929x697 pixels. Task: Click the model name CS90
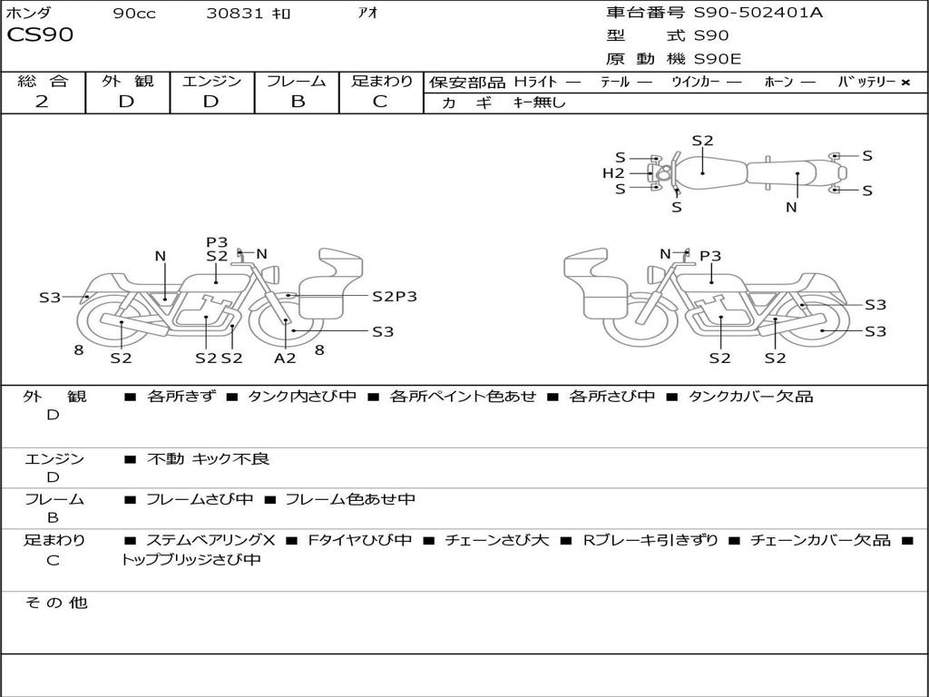[40, 34]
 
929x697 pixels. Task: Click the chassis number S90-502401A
[758, 13]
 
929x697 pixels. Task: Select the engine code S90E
[717, 59]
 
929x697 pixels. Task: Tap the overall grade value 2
[42, 101]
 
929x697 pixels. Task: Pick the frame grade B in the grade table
[298, 101]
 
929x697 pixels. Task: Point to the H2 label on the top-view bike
[613, 173]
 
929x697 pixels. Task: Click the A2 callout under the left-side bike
[284, 358]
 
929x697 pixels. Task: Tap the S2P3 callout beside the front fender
[395, 297]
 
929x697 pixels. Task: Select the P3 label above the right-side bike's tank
[710, 255]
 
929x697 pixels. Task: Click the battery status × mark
[905, 83]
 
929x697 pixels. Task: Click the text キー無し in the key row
[540, 103]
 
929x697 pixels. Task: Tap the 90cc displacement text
[134, 13]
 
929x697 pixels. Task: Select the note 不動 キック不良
[208, 458]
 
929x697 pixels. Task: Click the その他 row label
[55, 603]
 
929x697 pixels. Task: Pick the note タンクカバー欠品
[750, 396]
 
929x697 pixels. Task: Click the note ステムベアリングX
[210, 540]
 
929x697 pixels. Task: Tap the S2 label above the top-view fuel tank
[703, 141]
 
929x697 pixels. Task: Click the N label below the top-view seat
[791, 207]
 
